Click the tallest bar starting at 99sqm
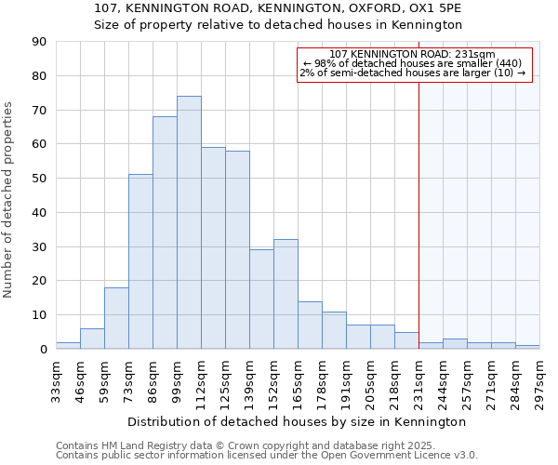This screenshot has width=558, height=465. point(189,223)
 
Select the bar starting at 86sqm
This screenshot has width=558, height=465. point(165,232)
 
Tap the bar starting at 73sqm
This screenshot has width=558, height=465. point(140,261)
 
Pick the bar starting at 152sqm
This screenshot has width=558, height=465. point(286,294)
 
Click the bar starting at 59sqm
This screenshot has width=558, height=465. point(116,318)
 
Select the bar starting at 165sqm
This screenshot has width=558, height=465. point(310,325)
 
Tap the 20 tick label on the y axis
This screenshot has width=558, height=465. point(39,281)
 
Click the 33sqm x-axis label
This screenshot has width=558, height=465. point(57,377)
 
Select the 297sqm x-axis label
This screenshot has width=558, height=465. point(540,377)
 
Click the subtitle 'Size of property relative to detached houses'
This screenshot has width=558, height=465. point(279,25)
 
